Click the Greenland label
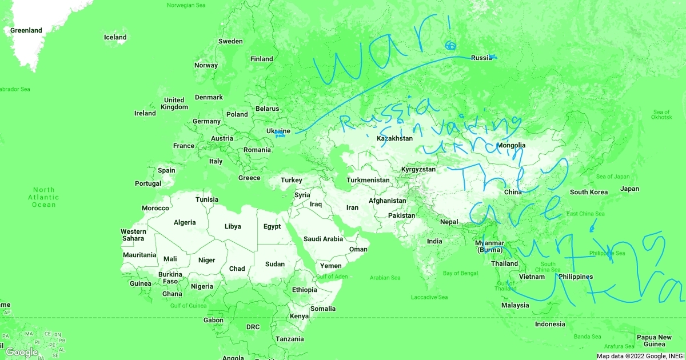coord(26,30)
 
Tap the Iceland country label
coord(115,38)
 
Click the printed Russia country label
coord(481,58)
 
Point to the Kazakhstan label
coord(394,138)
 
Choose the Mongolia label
coord(511,145)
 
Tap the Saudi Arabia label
coord(323,239)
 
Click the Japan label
coord(629,189)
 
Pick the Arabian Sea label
coord(385,278)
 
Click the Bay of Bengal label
coord(460,273)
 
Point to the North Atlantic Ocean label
coord(43,197)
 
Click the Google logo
coord(22,352)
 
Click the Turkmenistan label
coord(368,181)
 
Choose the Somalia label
coord(323,309)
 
